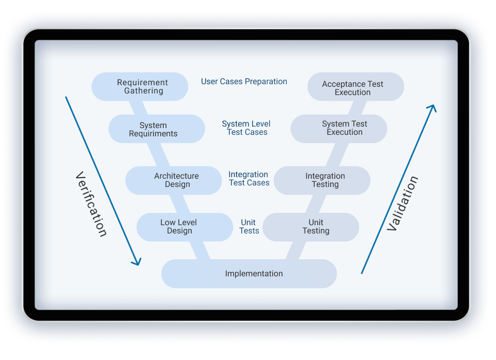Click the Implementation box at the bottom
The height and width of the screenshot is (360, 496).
249,274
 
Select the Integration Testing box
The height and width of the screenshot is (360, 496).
322,180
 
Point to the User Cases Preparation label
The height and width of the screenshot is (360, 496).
244,82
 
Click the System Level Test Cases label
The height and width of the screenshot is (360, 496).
246,128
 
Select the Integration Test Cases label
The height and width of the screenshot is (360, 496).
249,179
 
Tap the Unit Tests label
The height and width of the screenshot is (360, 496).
249,227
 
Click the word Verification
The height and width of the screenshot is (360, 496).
91,204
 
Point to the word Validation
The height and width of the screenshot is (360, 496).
402,204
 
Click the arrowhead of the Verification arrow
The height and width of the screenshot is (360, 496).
136,262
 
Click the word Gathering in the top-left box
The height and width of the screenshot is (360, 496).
143,91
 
